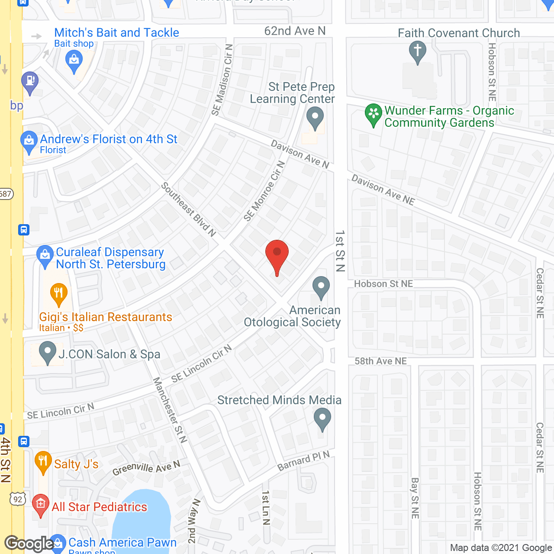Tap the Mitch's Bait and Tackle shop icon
tap(74, 61)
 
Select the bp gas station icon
tap(30, 82)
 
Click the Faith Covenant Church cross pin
tap(417, 52)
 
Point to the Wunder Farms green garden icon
tap(373, 114)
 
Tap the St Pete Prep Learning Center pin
tap(315, 118)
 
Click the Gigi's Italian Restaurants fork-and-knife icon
tap(58, 293)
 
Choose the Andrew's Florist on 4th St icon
tap(29, 142)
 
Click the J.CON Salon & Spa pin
tap(48, 352)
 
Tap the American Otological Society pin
tap(321, 287)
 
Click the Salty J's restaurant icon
tap(43, 461)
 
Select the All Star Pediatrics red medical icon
tap(41, 505)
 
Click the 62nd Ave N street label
tap(295, 31)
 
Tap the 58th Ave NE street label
tap(380, 361)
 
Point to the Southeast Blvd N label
tap(188, 209)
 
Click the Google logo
tap(29, 544)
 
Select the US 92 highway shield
tap(18, 499)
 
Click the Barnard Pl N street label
tap(303, 461)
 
